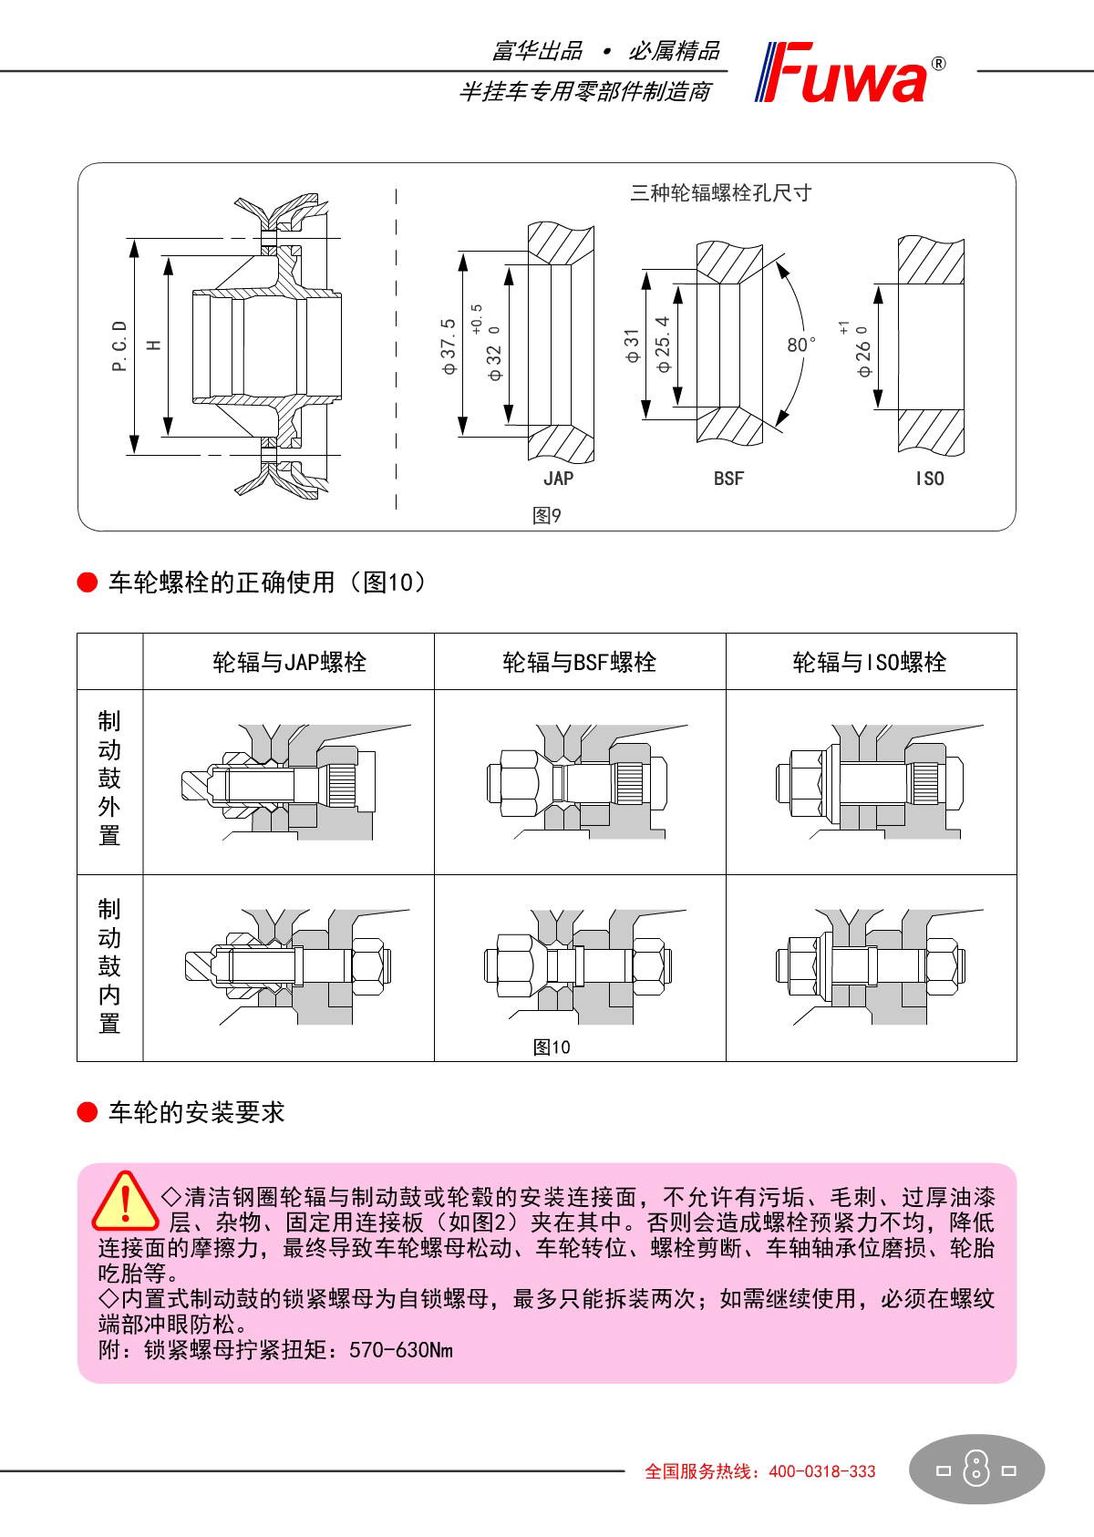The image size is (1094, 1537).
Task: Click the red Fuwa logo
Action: point(848,73)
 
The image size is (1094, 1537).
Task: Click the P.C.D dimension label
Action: point(119,346)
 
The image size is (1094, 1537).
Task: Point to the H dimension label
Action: point(153,345)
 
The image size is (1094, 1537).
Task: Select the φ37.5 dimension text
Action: point(448,346)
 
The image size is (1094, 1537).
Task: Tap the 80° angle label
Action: point(801,345)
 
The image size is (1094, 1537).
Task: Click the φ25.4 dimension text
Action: point(663,344)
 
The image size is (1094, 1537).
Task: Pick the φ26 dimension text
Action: point(863,351)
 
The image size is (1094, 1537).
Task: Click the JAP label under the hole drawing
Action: point(558,479)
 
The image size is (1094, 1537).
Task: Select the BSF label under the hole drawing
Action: point(728,479)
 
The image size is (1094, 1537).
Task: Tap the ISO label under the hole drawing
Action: point(930,479)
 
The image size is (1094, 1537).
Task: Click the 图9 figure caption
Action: point(547,516)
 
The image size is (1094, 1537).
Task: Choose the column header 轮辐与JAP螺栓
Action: point(289,662)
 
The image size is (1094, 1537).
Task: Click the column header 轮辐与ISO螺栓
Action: point(870,662)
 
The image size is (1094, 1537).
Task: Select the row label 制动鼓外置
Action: point(109,779)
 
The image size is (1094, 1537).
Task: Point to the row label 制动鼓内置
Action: point(109,966)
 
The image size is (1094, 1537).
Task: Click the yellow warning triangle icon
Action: point(126,1202)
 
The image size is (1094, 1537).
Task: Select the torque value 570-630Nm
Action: point(401,1349)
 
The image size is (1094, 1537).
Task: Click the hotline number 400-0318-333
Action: point(822,1470)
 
